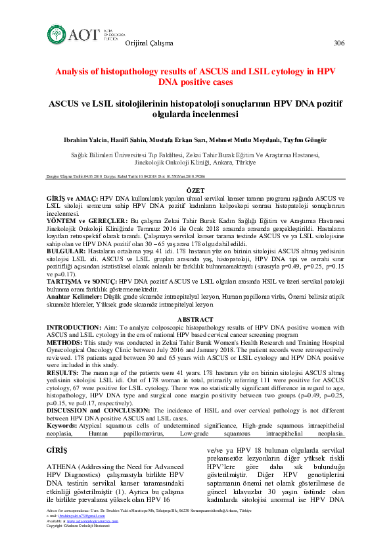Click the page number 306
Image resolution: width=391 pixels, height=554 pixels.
339,43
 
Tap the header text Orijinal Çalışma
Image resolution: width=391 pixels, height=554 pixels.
149,43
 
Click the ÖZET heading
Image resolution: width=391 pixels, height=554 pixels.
195,189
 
